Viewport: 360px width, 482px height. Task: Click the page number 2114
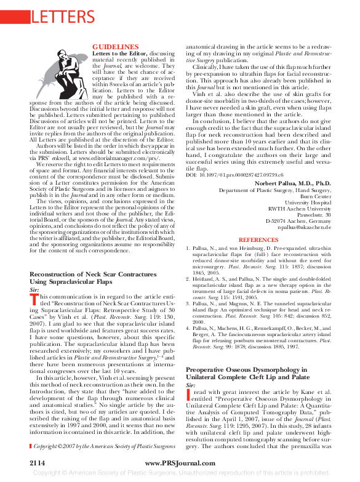tap(41, 461)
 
